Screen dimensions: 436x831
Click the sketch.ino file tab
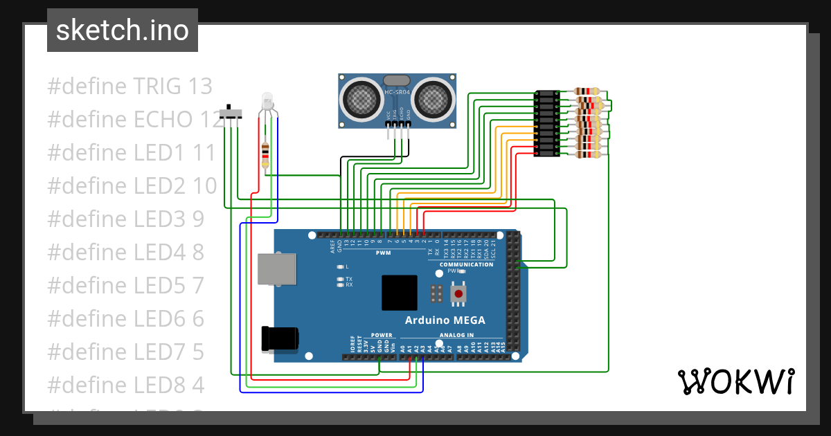pos(123,30)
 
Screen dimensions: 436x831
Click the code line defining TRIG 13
pos(129,87)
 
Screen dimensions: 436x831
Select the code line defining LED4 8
pos(125,253)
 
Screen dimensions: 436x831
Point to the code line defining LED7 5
pos(125,352)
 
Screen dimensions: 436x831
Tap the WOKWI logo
pos(735,381)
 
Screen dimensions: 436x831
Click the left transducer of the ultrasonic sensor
pos(361,98)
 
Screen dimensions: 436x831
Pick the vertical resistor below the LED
pos(265,155)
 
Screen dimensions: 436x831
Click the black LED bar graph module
pos(547,124)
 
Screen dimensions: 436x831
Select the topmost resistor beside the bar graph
pos(587,91)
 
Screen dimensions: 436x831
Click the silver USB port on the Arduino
pos(275,269)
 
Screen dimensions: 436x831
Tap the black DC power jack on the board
pos(279,338)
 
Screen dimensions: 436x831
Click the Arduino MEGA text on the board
pos(445,320)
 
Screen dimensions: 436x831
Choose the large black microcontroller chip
pos(399,293)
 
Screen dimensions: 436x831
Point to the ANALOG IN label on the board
pos(456,335)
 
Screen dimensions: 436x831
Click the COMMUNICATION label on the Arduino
pos(466,264)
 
